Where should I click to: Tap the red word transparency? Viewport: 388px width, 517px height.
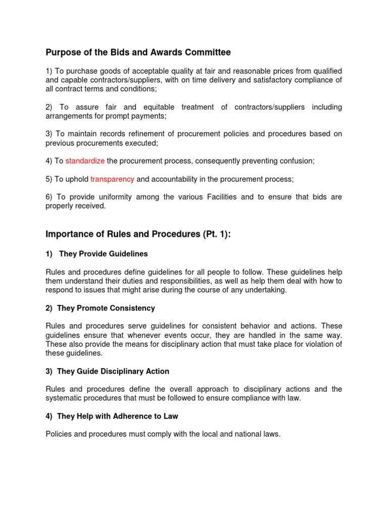coord(112,179)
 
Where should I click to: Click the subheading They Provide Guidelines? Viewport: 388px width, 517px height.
coord(104,253)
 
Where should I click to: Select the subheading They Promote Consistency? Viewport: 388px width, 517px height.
coord(106,308)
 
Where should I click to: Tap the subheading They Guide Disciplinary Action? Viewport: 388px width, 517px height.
coord(113,371)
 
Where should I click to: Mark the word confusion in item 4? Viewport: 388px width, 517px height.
coord(296,161)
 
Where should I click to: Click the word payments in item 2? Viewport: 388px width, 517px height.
coord(147,116)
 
